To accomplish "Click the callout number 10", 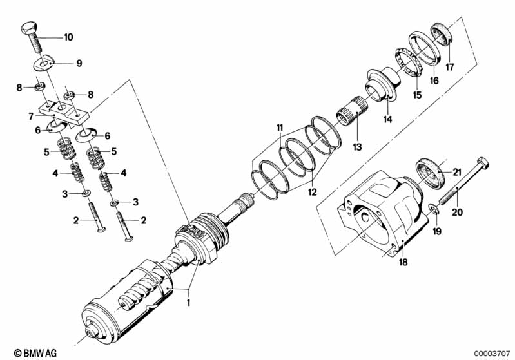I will [x=68, y=37].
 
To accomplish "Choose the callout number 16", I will [x=434, y=81].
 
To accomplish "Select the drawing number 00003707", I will [x=491, y=353].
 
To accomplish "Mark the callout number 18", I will [x=403, y=263].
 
